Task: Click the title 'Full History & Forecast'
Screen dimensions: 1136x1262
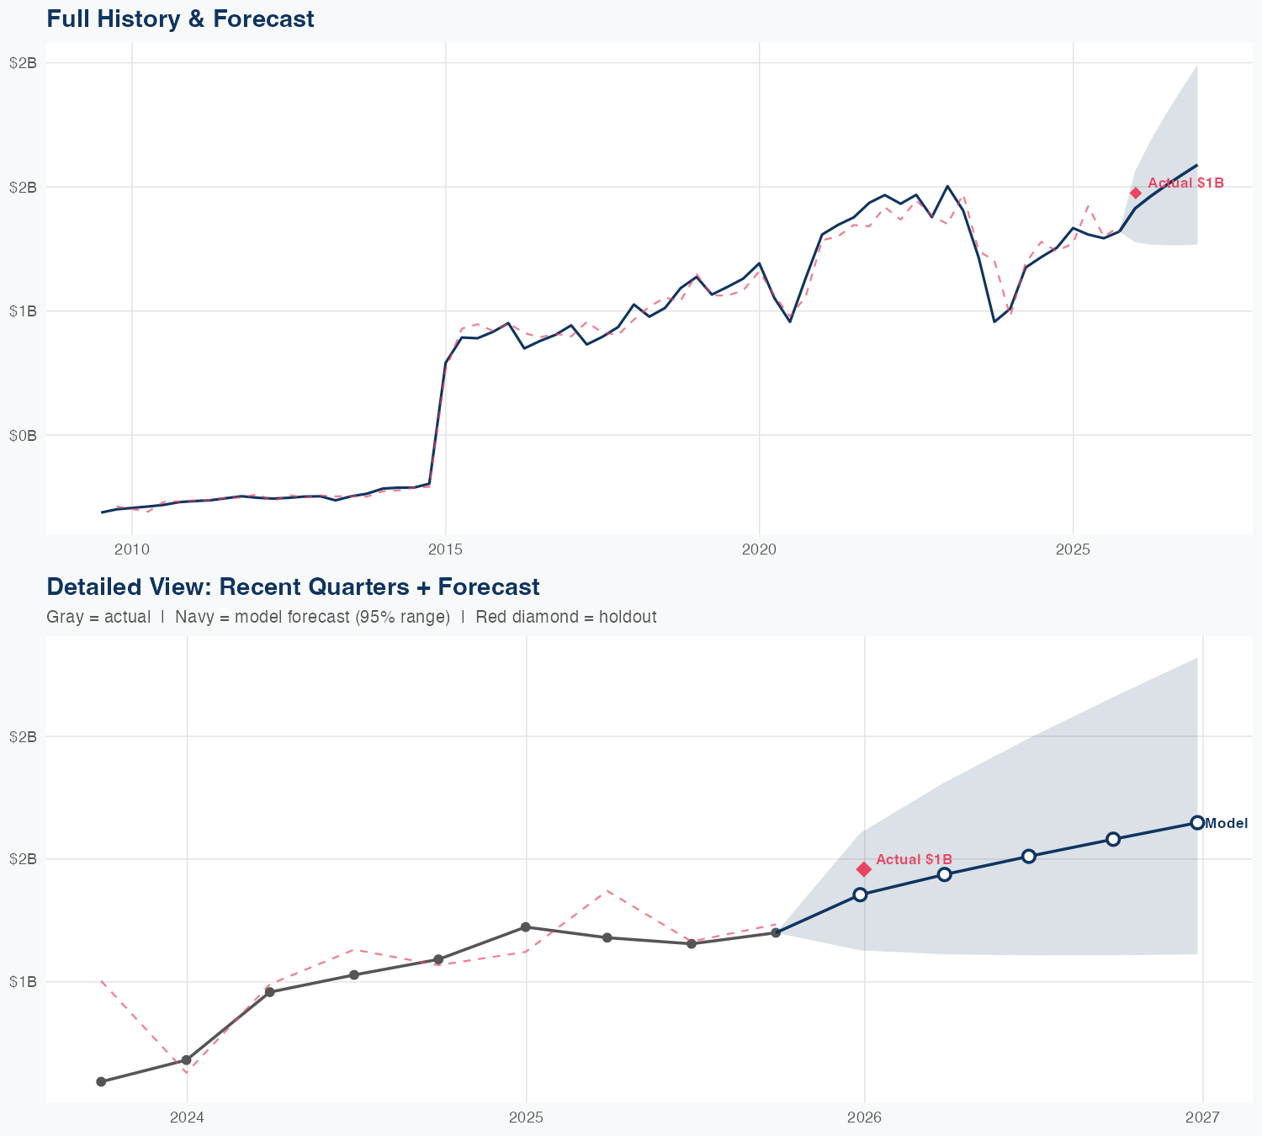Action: click(x=180, y=19)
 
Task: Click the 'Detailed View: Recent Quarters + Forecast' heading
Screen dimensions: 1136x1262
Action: click(x=293, y=587)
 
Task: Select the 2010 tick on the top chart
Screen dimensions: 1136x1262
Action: click(x=131, y=549)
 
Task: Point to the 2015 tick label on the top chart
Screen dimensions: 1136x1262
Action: click(x=445, y=549)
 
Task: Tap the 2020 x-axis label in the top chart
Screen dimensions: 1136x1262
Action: click(x=759, y=549)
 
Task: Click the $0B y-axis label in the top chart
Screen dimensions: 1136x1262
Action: click(x=24, y=435)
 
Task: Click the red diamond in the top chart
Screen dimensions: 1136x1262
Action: click(x=1136, y=193)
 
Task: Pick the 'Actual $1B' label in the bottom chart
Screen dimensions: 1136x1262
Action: click(x=914, y=859)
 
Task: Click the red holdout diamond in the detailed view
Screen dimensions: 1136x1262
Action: click(x=863, y=869)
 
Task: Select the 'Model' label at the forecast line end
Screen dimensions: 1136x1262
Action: click(x=1226, y=824)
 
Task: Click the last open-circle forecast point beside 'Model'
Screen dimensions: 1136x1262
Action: click(x=1197, y=823)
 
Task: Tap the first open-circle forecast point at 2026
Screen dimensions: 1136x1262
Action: click(x=860, y=894)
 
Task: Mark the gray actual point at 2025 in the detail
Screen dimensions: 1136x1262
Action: click(x=526, y=927)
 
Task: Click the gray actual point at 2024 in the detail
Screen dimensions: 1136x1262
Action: click(x=186, y=1060)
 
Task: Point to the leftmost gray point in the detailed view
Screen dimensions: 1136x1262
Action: click(x=101, y=1081)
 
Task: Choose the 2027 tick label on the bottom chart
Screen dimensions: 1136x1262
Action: click(x=1202, y=1117)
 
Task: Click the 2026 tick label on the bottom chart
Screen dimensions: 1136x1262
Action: click(x=864, y=1117)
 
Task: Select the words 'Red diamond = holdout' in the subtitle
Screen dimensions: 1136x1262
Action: click(x=565, y=617)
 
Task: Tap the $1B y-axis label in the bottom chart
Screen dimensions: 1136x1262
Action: click(x=24, y=982)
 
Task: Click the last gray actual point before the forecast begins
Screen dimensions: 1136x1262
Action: click(x=776, y=932)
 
